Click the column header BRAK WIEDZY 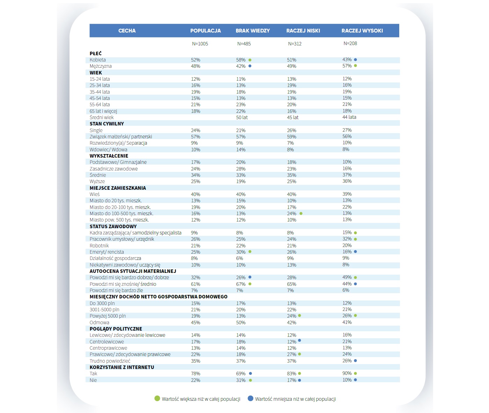pyautogui.click(x=253, y=31)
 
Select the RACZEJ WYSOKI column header pyautogui.click(x=362, y=31)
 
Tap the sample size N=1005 pyautogui.click(x=200, y=44)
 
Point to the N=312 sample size pyautogui.click(x=294, y=44)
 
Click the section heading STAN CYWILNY pyautogui.click(x=107, y=124)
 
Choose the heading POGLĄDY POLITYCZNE pyautogui.click(x=116, y=329)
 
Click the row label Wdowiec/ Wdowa pyautogui.click(x=108, y=150)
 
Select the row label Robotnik pyautogui.click(x=99, y=246)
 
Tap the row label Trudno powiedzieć pyautogui.click(x=110, y=361)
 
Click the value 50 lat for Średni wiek pyautogui.click(x=242, y=117)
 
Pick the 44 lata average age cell pyautogui.click(x=349, y=117)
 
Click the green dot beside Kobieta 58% pyautogui.click(x=250, y=60)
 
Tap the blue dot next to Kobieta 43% pyautogui.click(x=355, y=60)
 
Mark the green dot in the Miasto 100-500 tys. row pyautogui.click(x=301, y=213)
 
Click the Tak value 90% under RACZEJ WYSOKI pyautogui.click(x=347, y=373)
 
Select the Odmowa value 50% pyautogui.click(x=241, y=323)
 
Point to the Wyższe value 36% pyautogui.click(x=347, y=181)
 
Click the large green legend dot pyautogui.click(x=157, y=398)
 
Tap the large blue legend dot pyautogui.click(x=250, y=398)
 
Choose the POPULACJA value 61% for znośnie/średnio pyautogui.click(x=195, y=284)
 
